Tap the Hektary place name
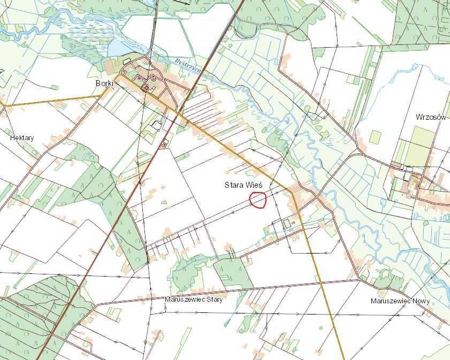(22, 138)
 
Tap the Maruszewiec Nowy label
(400, 301)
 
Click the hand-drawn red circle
(258, 200)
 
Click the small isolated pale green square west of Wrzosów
(375, 136)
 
